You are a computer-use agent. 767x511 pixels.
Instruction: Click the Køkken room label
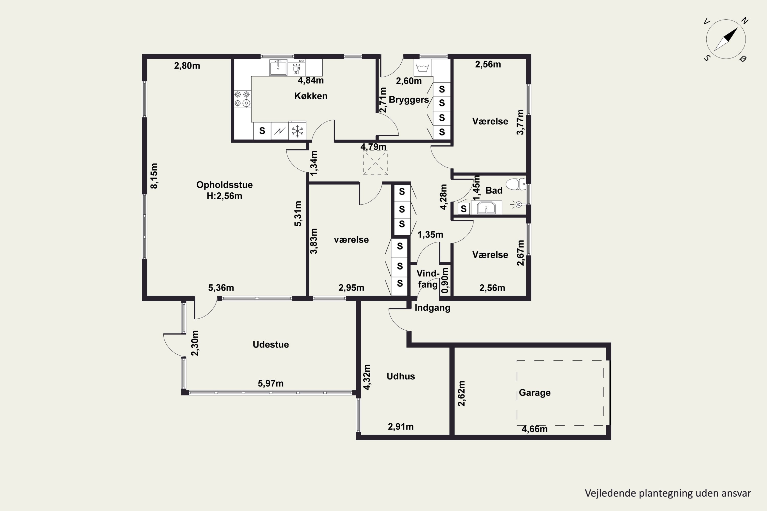point(311,96)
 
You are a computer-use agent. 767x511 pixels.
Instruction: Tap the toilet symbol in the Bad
point(516,184)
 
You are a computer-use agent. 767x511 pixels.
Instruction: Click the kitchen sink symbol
point(278,67)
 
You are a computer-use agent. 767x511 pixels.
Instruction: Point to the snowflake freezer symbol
point(297,131)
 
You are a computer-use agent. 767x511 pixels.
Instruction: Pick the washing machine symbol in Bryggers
point(422,68)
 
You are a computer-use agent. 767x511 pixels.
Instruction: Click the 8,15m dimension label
point(154,176)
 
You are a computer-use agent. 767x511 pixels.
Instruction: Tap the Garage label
point(535,392)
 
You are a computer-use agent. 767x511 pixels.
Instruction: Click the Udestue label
point(271,344)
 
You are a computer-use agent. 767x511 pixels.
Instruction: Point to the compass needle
point(726,39)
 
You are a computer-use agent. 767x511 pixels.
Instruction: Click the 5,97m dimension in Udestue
point(271,383)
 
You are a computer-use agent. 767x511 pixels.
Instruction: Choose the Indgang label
point(432,308)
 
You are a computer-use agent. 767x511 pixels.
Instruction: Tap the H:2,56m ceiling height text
point(224,196)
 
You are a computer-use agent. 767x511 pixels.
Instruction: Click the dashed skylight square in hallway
point(375,162)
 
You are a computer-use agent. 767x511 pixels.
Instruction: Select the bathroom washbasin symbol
point(486,207)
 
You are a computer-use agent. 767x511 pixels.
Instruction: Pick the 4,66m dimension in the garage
point(535,429)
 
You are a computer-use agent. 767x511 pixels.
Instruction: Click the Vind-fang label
point(428,279)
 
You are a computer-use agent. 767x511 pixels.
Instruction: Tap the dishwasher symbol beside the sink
point(296,67)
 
